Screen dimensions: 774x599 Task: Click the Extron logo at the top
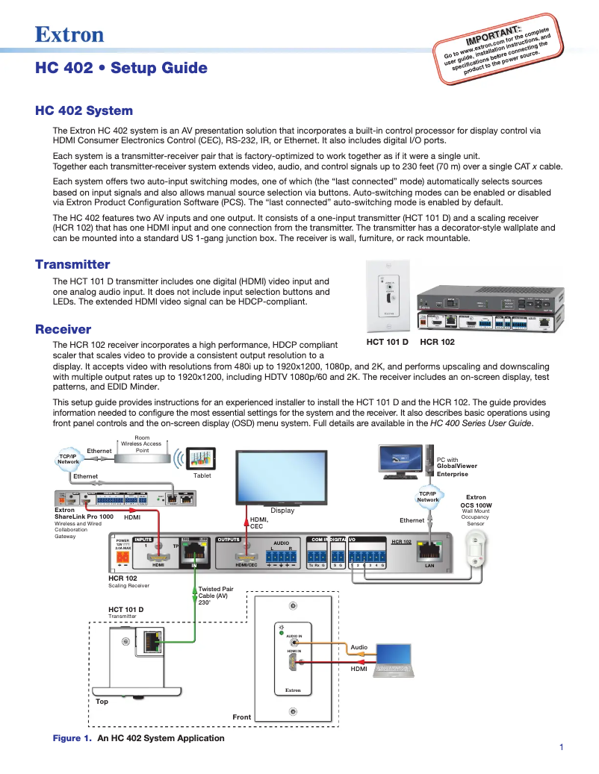(69, 34)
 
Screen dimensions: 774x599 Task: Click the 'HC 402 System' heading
(84, 110)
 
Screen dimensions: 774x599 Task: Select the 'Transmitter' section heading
(72, 264)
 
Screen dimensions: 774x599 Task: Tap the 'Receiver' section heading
(63, 329)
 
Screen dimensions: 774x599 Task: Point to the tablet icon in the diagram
(202, 458)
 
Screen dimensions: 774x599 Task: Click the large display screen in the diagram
(282, 477)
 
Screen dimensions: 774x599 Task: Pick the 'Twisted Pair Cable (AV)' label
(214, 595)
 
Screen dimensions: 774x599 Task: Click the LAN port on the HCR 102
(429, 553)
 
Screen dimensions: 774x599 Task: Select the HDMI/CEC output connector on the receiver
(246, 556)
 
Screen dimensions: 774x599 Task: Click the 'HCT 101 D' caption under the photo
(387, 342)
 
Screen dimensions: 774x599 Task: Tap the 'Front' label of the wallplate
(241, 717)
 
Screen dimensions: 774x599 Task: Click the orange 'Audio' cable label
(359, 647)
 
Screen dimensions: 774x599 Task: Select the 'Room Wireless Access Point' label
(142, 443)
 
